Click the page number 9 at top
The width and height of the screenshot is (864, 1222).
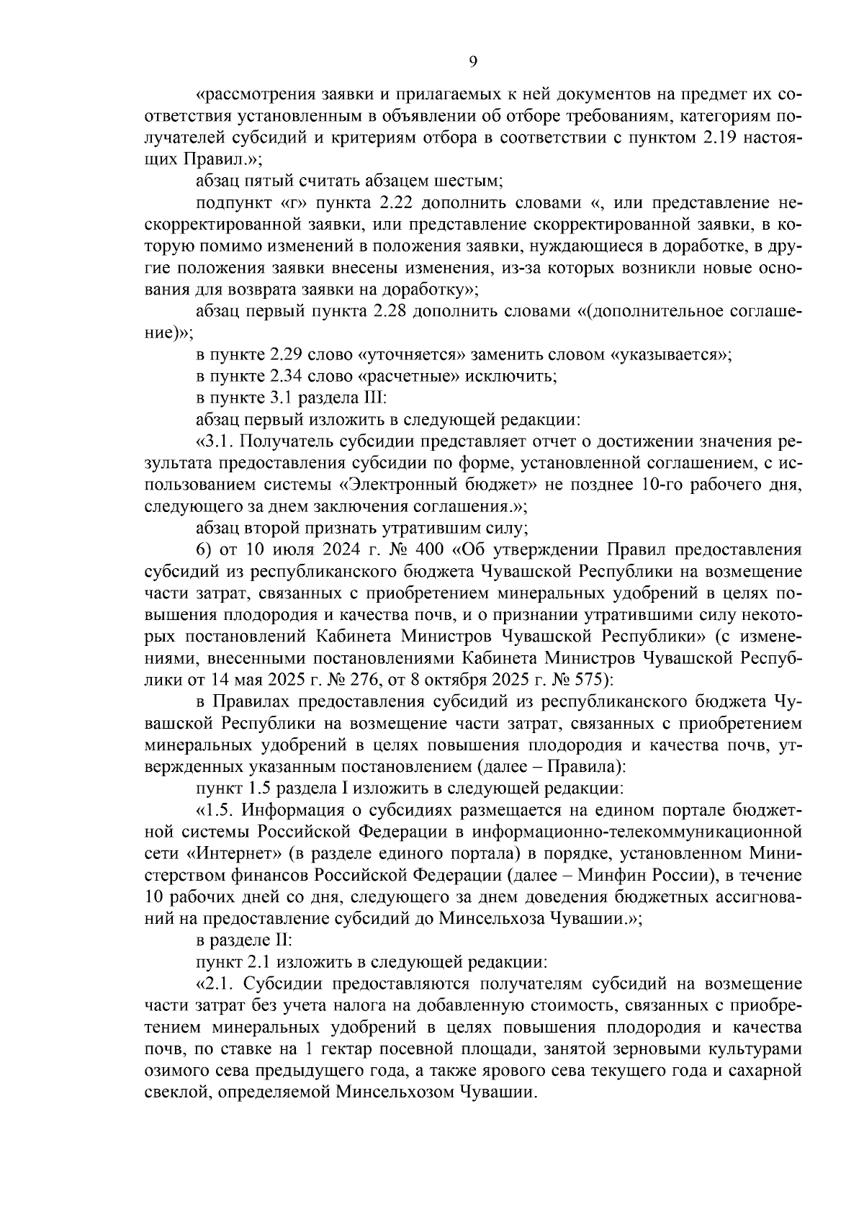coord(473,62)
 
